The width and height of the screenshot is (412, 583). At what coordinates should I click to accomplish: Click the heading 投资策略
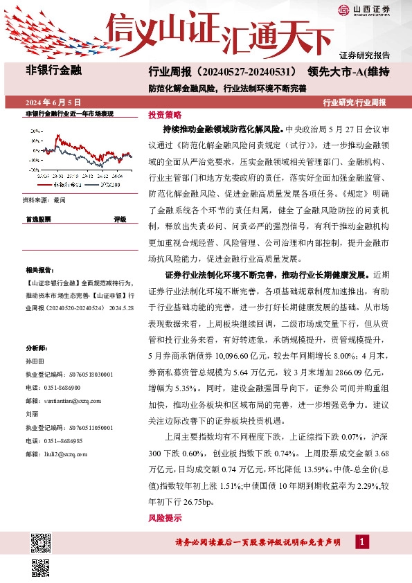(164, 115)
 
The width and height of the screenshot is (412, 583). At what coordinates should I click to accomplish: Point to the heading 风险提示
(164, 518)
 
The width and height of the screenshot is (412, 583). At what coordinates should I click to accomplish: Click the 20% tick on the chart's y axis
(34, 130)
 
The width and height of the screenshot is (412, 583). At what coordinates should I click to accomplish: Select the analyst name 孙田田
(34, 361)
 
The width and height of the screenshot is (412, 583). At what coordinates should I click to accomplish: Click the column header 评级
(120, 219)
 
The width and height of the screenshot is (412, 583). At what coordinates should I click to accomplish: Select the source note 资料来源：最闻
(44, 199)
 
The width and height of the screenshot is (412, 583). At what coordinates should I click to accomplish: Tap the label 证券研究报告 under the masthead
(364, 54)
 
